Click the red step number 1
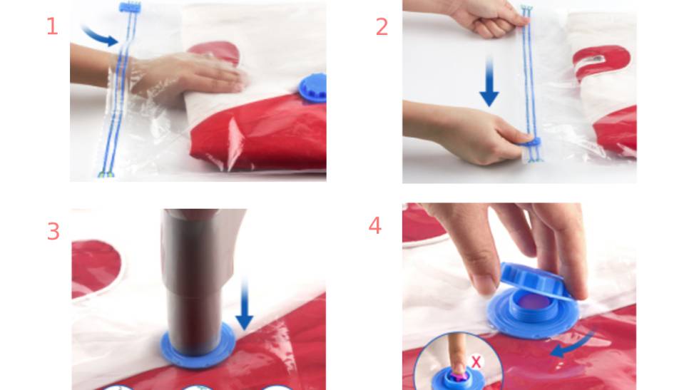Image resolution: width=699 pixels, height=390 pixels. pos(53,26)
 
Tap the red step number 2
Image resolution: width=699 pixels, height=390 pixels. pos(382,27)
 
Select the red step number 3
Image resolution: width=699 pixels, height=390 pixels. pos(53,231)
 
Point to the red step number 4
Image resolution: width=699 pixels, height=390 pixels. pos(375,225)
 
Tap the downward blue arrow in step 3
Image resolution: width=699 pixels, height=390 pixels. pos(244,303)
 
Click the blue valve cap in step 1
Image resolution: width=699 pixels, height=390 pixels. pos(312,88)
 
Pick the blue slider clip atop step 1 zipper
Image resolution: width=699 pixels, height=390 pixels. pos(130,7)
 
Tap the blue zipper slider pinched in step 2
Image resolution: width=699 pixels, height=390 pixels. pos(530,142)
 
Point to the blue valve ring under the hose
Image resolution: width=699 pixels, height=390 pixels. pos(198,347)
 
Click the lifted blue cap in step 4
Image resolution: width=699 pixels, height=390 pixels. pos(534,279)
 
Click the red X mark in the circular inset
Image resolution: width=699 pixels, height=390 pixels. pos(476,362)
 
